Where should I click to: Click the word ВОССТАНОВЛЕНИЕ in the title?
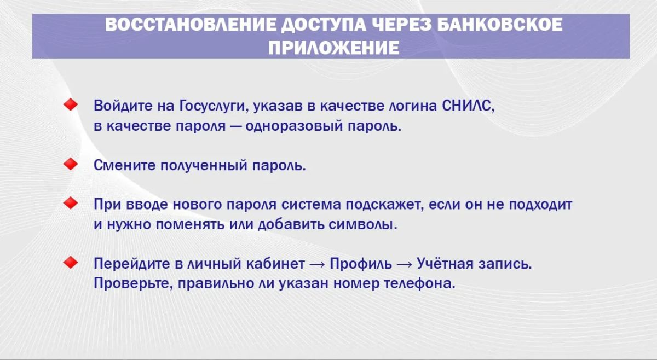pos(191,24)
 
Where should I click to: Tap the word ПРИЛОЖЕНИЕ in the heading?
pos(334,48)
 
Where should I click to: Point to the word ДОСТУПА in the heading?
pos(324,25)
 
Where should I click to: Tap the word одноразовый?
pos(294,126)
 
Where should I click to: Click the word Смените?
pos(124,165)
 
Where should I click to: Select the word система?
pos(311,205)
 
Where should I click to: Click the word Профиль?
pos(360,264)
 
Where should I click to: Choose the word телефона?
pos(418,283)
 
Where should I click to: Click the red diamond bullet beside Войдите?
pos(71,104)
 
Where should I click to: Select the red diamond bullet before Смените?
pos(71,164)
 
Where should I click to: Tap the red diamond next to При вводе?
pos(71,203)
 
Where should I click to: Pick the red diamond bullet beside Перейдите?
pos(71,263)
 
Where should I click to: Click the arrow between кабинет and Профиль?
pos(317,264)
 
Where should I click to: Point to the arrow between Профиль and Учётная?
pos(404,264)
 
